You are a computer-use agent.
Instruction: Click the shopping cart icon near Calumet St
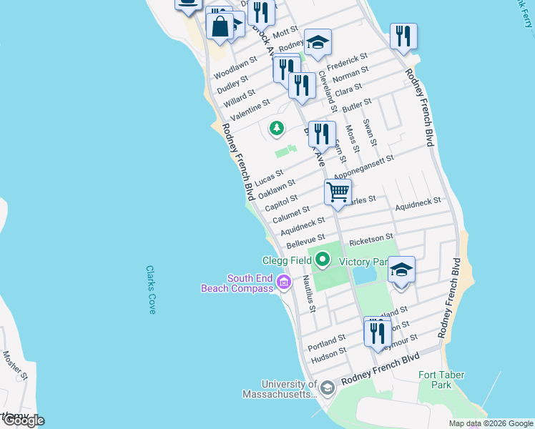(338, 192)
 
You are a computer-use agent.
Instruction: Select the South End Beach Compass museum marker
(284, 283)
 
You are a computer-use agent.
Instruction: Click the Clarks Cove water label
(151, 290)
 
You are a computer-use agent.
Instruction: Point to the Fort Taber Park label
(441, 380)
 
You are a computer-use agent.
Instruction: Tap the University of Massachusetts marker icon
(328, 388)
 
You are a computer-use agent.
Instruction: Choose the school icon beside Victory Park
(401, 269)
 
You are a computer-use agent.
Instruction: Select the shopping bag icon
(220, 26)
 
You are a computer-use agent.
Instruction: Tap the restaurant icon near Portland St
(376, 333)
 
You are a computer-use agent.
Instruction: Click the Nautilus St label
(308, 294)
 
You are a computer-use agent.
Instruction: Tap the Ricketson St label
(371, 237)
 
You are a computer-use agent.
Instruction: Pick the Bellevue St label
(305, 240)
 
